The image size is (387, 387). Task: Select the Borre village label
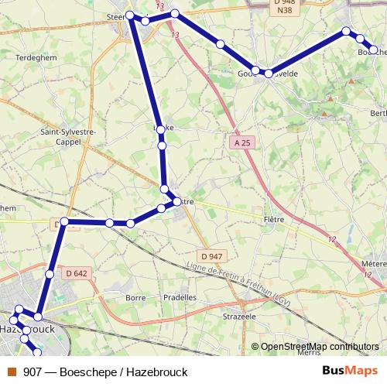point(135,297)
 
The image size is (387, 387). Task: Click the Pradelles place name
point(180,297)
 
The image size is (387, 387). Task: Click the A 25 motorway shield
point(241,142)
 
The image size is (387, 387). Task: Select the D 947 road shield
point(211,256)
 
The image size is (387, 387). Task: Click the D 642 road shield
point(77,272)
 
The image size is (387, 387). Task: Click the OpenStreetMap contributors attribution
point(320,347)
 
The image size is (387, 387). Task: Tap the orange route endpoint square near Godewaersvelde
point(220,44)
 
